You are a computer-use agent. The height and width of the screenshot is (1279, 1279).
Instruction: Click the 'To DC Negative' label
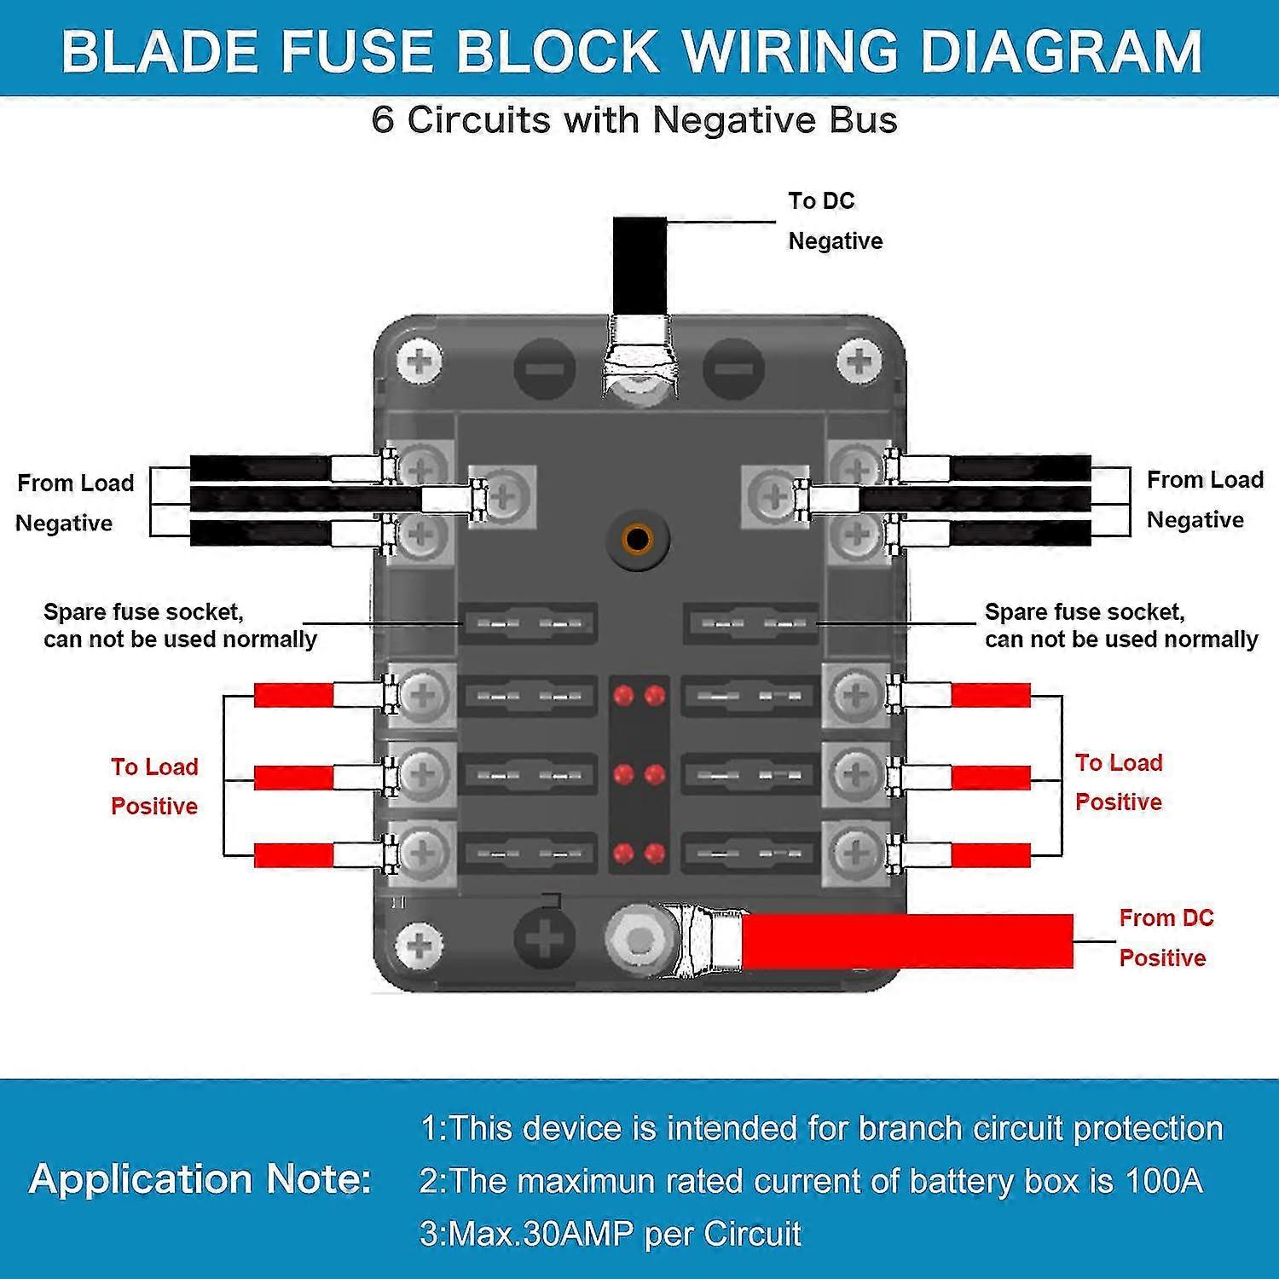pos(834,221)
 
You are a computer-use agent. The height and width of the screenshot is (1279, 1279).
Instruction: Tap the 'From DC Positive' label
pos(1165,938)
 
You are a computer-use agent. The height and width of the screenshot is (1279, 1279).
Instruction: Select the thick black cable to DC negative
pos(639,264)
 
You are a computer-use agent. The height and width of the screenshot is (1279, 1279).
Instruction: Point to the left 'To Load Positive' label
pos(154,786)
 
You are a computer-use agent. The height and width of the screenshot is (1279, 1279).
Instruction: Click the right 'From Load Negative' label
pos(1203,500)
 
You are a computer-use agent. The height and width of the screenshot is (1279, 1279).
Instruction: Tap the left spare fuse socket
pos(529,624)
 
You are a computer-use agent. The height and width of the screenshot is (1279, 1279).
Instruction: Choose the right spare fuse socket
pos(751,624)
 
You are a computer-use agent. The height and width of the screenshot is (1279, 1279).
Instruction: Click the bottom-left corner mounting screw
pos(421,945)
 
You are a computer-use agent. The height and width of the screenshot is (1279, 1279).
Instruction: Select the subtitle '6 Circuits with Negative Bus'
pos(634,120)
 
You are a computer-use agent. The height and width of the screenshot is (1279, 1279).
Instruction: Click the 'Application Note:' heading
pos(200,1179)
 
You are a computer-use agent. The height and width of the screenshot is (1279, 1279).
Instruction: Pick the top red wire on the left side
pos(294,696)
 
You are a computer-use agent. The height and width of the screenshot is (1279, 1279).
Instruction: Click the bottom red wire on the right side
pos(990,855)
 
